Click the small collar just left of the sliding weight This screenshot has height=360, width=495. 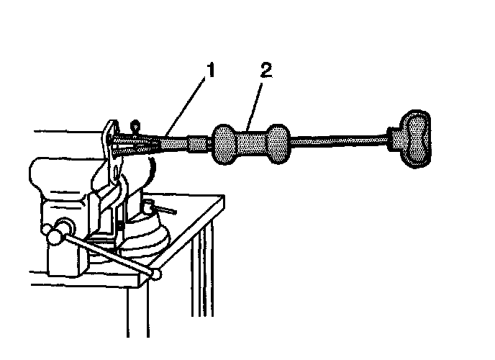[198, 144]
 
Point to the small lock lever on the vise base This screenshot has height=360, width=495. [161, 208]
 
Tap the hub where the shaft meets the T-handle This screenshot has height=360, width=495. [393, 142]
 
